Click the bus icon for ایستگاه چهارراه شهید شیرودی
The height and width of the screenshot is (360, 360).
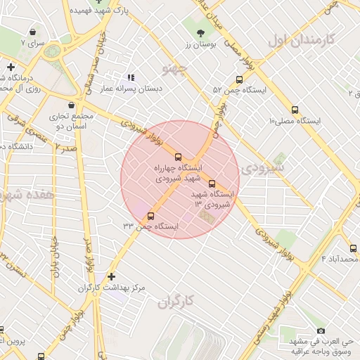point(176,157)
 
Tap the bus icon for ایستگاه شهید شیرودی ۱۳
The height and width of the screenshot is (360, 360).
point(213,184)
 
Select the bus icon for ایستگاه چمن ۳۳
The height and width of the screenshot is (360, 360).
point(150,215)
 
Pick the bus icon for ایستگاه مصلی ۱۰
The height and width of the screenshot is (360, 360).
point(294,110)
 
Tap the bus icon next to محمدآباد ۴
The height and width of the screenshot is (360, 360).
point(353,248)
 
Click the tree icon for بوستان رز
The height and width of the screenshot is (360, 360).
point(201,33)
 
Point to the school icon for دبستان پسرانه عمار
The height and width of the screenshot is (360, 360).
point(130,78)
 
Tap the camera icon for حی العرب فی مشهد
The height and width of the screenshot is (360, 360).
point(321,330)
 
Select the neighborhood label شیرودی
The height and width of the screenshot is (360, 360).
point(263,169)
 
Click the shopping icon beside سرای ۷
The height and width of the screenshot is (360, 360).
point(32,32)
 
